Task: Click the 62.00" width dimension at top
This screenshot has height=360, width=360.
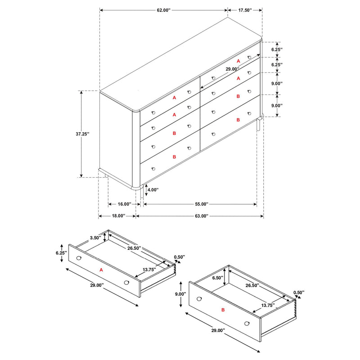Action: click(163, 9)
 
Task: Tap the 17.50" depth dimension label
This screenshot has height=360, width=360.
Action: click(244, 9)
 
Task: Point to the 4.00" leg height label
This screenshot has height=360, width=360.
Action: click(153, 190)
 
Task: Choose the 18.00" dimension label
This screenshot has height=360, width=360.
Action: click(118, 216)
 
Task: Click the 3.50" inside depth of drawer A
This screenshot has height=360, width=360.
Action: click(95, 238)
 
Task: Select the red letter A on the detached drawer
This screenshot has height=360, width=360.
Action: click(101, 270)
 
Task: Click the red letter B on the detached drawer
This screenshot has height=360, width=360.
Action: click(223, 310)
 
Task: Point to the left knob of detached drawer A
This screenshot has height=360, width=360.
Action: click(79, 258)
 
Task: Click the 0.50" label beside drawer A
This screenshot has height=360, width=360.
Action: click(179, 258)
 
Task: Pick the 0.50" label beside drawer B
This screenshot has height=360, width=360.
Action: click(298, 292)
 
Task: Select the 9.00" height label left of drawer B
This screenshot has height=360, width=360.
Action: click(180, 294)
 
